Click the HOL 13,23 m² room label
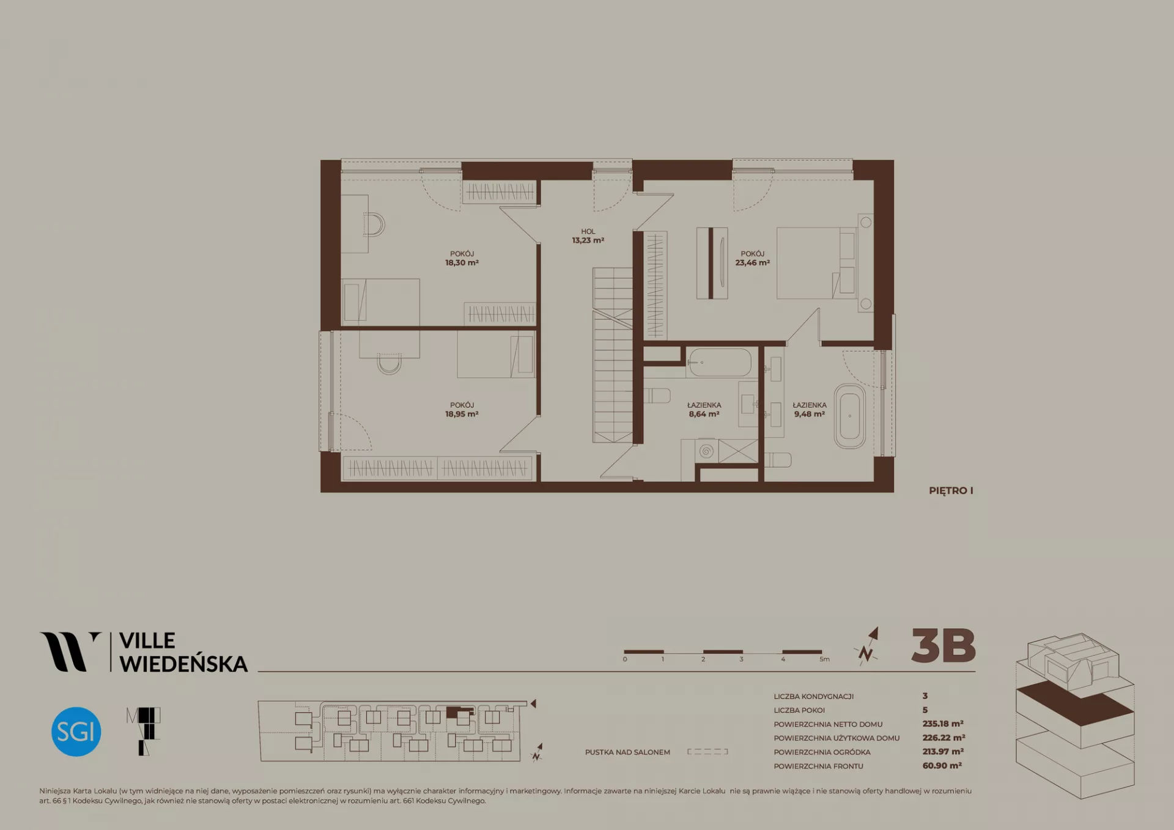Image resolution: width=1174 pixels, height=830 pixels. pyautogui.click(x=588, y=236)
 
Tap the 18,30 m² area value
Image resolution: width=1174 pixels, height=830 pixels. pyautogui.click(x=462, y=263)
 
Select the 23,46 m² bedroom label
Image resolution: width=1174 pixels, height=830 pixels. pyautogui.click(x=752, y=258)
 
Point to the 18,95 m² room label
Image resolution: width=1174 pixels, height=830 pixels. pyautogui.click(x=462, y=410)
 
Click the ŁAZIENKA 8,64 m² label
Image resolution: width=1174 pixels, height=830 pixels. pyautogui.click(x=704, y=410)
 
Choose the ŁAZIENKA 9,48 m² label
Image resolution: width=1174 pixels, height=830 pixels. pyautogui.click(x=810, y=410)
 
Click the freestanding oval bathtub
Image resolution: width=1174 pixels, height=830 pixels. pyautogui.click(x=850, y=417)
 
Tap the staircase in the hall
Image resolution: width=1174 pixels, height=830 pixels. pyautogui.click(x=612, y=355)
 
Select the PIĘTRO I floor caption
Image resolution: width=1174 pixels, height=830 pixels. pyautogui.click(x=951, y=491)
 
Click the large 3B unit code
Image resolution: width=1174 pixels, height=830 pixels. pyautogui.click(x=943, y=646)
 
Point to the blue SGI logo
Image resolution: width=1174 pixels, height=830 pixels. pyautogui.click(x=76, y=732)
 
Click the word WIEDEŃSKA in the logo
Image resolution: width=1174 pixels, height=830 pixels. pyautogui.click(x=183, y=664)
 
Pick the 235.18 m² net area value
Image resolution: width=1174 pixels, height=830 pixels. pyautogui.click(x=943, y=724)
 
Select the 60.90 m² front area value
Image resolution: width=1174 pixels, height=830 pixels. pyautogui.click(x=942, y=766)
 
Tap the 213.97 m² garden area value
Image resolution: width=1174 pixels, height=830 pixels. pyautogui.click(x=943, y=752)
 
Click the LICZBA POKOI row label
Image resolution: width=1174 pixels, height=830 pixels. pyautogui.click(x=799, y=710)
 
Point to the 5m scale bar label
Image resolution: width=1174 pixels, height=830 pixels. pyautogui.click(x=825, y=659)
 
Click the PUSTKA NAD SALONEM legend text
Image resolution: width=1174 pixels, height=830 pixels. pyautogui.click(x=627, y=752)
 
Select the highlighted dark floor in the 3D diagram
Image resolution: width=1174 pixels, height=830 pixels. pyautogui.click(x=1075, y=703)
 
